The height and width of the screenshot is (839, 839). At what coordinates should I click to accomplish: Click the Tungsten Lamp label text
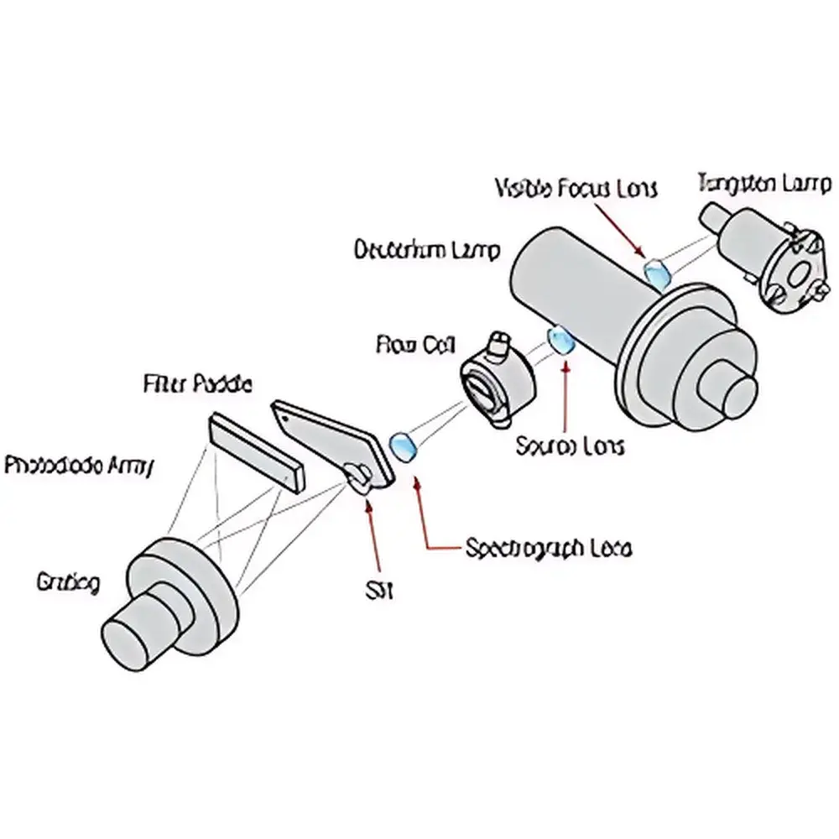click(763, 183)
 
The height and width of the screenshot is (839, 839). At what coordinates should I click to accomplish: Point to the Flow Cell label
click(415, 344)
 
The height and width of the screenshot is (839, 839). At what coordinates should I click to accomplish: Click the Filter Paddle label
click(197, 385)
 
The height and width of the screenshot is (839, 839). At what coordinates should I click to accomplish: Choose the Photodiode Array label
click(77, 466)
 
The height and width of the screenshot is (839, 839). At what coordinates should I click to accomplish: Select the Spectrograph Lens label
click(548, 549)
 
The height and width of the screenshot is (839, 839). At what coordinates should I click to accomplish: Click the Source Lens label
click(570, 446)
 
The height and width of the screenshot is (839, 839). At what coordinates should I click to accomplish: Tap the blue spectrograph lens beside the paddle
click(404, 446)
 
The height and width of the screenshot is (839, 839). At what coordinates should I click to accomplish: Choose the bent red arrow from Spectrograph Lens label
click(424, 520)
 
